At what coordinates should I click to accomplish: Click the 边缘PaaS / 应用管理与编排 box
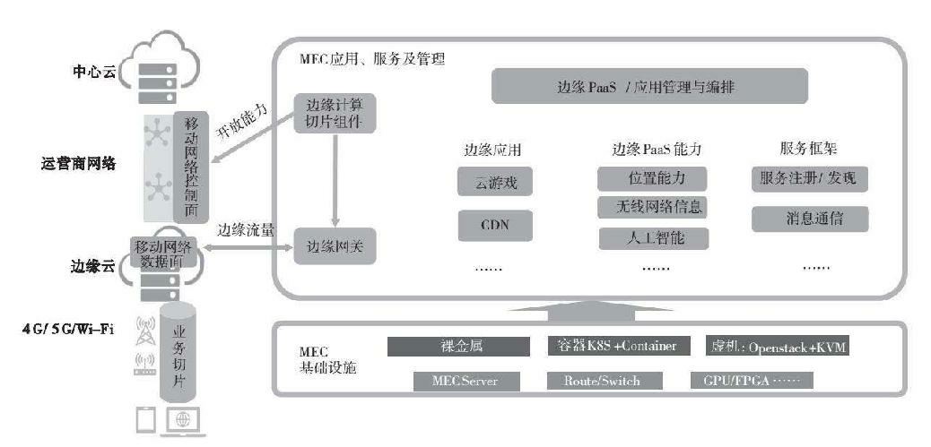(650, 88)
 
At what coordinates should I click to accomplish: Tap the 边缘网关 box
(335, 245)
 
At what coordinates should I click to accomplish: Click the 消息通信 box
(808, 218)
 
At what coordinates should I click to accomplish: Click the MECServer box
(467, 381)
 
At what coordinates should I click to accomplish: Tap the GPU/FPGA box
(751, 381)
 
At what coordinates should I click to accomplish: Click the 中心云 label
(94, 71)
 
